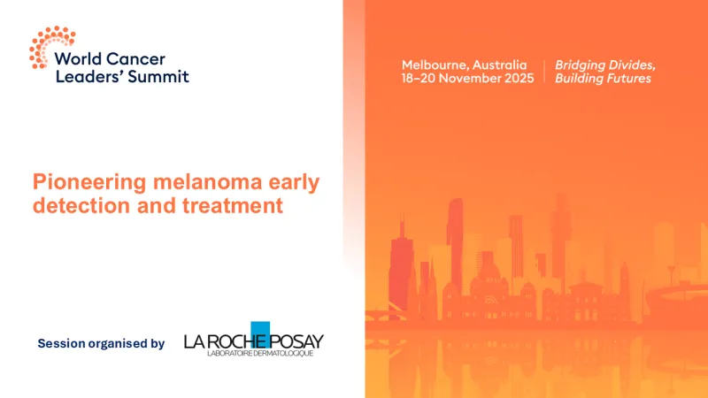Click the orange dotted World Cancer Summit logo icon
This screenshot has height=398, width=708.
click(50, 46)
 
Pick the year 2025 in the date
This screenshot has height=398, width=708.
click(519, 79)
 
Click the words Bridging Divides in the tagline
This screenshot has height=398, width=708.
click(604, 65)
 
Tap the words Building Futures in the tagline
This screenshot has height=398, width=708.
click(603, 79)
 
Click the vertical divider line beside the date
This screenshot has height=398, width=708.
click(543, 72)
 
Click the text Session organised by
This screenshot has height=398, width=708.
click(101, 343)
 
